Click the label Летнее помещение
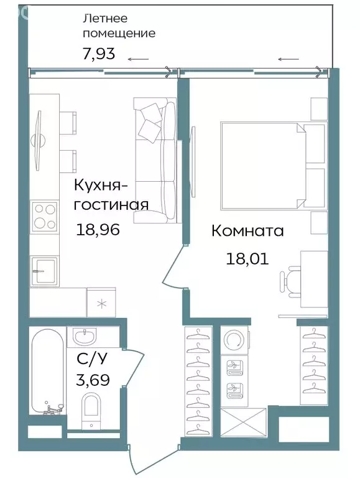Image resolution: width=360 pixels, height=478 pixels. tap(119, 26)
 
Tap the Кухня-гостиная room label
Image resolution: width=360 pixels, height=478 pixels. tap(111, 195)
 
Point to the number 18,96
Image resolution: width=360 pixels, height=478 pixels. tap(97, 230)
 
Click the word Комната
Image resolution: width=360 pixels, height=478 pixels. tap(247, 232)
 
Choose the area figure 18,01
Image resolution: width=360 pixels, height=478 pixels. tap(247, 258)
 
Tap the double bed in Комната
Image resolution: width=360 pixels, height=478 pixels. tap(264, 165)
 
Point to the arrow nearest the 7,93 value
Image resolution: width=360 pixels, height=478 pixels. tap(139, 60)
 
